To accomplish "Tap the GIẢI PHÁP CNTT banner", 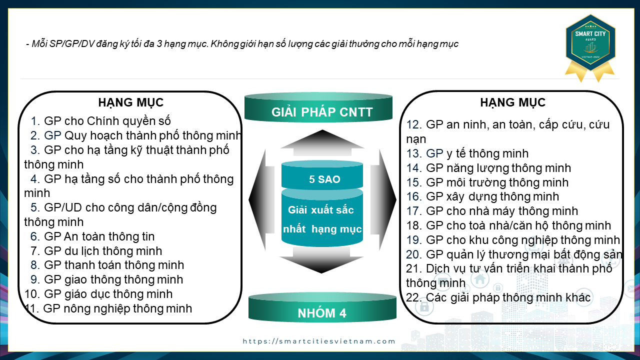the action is pyautogui.click(x=318, y=107).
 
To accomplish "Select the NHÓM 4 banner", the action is pyautogui.click(x=322, y=308).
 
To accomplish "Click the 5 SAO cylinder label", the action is pyautogui.click(x=324, y=179).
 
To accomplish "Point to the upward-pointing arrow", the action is pyautogui.click(x=322, y=143).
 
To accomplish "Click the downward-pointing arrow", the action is pyautogui.click(x=321, y=260).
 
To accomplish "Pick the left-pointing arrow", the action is pyautogui.click(x=261, y=199).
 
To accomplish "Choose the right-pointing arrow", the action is pyautogui.click(x=383, y=199).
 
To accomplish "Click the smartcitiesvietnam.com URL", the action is pyautogui.click(x=319, y=341).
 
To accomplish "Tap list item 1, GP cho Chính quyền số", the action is pyautogui.click(x=100, y=121).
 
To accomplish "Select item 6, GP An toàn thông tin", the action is pyautogui.click(x=92, y=236).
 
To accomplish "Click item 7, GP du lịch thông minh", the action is pyautogui.click(x=96, y=251).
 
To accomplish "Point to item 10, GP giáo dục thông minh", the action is pyautogui.click(x=98, y=294).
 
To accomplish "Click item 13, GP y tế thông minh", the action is pyautogui.click(x=467, y=153).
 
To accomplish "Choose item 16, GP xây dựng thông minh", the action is pyautogui.click(x=482, y=196).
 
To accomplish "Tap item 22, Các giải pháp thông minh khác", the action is pyautogui.click(x=498, y=297).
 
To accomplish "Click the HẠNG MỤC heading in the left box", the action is pyautogui.click(x=131, y=103).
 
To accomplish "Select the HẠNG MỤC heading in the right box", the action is pyautogui.click(x=513, y=103).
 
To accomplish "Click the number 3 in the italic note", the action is pyautogui.click(x=159, y=44).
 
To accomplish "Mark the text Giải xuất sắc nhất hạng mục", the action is pyautogui.click(x=322, y=219).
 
